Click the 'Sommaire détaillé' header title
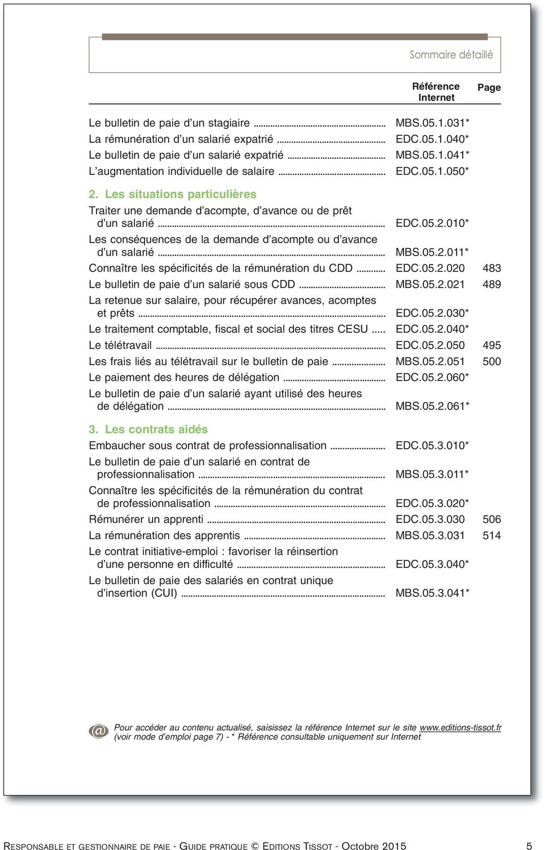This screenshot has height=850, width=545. tap(451, 55)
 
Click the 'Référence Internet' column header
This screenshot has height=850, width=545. tap(435, 92)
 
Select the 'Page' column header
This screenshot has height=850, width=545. tap(489, 87)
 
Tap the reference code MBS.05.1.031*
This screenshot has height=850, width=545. tap(432, 123)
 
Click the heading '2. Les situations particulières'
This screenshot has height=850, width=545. tap(173, 194)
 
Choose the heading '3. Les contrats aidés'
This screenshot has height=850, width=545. tap(148, 429)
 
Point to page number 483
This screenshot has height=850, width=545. tap(492, 268)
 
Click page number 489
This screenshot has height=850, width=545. tap(492, 284)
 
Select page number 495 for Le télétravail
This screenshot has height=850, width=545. tap(492, 345)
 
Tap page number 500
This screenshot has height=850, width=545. tap(492, 362)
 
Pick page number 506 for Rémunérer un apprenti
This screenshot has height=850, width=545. tap(492, 520)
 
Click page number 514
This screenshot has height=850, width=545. tap(492, 535)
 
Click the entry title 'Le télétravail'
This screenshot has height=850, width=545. tap(120, 345)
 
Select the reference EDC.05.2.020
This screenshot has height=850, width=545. tap(430, 268)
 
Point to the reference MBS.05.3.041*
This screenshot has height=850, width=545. tap(432, 593)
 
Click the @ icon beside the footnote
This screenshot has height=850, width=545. tap(99, 731)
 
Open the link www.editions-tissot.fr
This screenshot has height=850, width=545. tap(460, 727)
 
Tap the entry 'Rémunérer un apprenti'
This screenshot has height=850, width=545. tap(146, 520)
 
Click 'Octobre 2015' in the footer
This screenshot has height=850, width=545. tap(374, 845)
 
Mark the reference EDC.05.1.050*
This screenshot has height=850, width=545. tap(432, 171)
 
